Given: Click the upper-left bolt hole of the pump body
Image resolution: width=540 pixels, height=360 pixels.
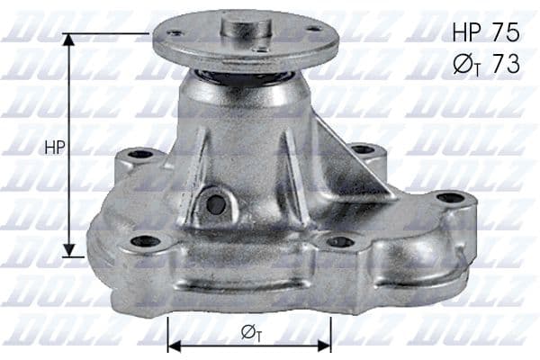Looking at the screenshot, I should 141,155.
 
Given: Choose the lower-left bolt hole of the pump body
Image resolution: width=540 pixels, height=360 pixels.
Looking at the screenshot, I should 145,241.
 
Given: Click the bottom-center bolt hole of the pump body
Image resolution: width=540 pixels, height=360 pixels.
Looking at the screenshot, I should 339,241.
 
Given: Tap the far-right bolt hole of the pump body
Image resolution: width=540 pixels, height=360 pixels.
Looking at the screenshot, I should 449,198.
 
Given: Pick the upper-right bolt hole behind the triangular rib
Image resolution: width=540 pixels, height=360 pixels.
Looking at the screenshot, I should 363,149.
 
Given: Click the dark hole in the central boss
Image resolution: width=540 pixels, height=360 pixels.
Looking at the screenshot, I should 215,204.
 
